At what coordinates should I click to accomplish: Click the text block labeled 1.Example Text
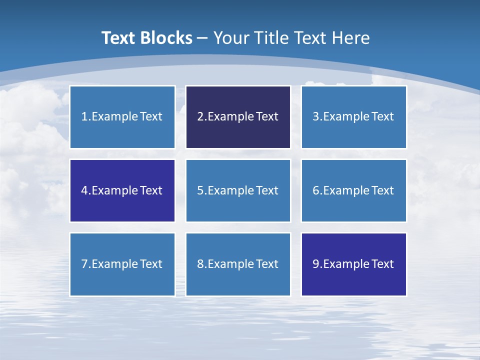coord(122,117)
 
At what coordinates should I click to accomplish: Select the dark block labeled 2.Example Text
coord(238,117)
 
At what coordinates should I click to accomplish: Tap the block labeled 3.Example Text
coord(353,117)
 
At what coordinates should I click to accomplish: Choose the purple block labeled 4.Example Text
coord(122,190)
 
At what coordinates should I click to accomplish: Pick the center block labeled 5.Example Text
coord(238,190)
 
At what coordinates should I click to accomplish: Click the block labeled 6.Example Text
coord(353,190)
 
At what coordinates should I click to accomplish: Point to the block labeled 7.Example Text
coord(122,264)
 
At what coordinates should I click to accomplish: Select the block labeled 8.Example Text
coord(238,264)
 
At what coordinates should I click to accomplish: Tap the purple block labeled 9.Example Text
coord(353,264)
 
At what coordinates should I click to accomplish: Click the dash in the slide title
coord(202,38)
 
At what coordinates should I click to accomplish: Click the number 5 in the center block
coord(200,190)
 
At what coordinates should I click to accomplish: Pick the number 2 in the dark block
coord(200,117)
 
